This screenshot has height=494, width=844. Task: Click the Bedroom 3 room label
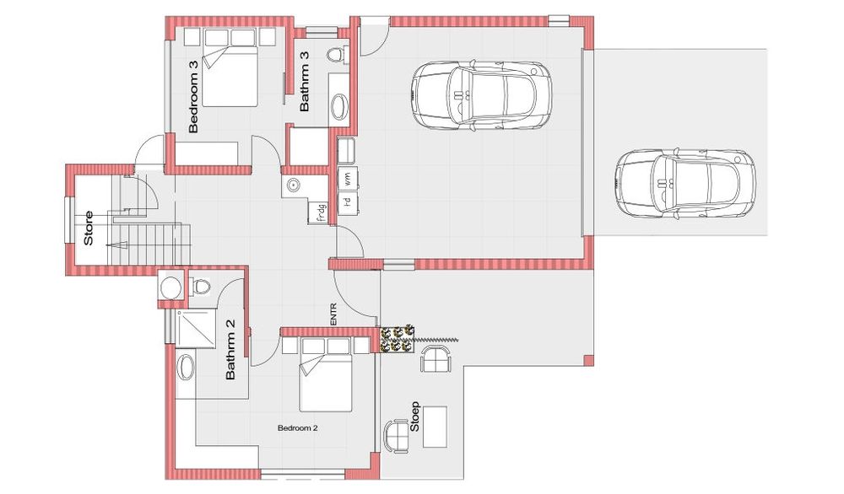[194, 96]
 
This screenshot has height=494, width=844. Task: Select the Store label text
[89, 228]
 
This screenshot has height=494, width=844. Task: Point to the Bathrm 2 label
[230, 349]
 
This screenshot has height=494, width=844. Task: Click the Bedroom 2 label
[298, 428]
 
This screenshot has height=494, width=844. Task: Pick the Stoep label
[414, 416]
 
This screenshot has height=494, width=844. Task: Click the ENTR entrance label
[333, 315]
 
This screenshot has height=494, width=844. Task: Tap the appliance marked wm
[348, 178]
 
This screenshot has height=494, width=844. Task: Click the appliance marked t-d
[348, 202]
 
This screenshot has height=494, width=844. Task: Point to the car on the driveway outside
[684, 183]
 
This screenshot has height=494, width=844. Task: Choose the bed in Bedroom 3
[230, 75]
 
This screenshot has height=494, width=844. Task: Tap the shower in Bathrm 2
[196, 329]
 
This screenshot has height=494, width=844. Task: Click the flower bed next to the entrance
[396, 339]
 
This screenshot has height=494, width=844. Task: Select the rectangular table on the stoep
[435, 427]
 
